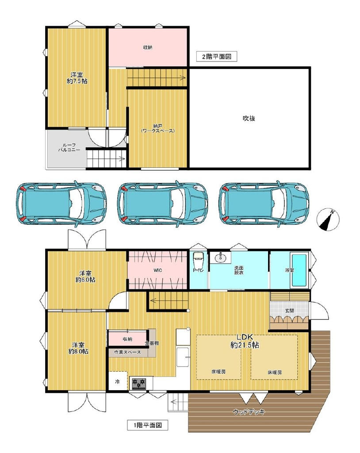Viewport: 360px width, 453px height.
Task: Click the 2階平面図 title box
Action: click(x=216, y=57)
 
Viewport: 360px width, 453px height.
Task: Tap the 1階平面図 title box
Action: click(x=147, y=425)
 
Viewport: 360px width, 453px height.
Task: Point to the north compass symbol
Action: click(x=328, y=219)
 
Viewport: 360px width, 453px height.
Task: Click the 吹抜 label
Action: click(x=249, y=118)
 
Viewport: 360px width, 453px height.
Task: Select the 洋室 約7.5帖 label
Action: click(x=77, y=78)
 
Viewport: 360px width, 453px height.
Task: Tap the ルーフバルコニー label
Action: click(x=69, y=148)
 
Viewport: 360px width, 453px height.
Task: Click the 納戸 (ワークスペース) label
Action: click(x=158, y=128)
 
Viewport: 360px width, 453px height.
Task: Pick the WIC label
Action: click(x=157, y=270)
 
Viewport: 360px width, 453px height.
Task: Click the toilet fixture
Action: click(x=199, y=260)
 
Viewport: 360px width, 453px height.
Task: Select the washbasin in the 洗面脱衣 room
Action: click(x=221, y=257)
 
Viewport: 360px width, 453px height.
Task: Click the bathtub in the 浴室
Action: click(x=299, y=270)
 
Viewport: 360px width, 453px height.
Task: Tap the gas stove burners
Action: click(x=138, y=384)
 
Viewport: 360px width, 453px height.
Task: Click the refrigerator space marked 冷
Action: click(x=118, y=381)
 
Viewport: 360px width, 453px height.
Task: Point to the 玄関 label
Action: click(x=289, y=311)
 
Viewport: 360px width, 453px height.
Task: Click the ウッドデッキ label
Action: click(x=249, y=412)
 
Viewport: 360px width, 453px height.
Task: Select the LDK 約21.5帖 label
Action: click(x=245, y=341)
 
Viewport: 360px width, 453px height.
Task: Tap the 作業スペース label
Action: click(x=127, y=352)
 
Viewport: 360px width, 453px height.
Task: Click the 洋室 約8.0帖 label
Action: click(x=78, y=349)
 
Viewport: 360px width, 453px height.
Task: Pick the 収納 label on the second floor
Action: click(x=148, y=47)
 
